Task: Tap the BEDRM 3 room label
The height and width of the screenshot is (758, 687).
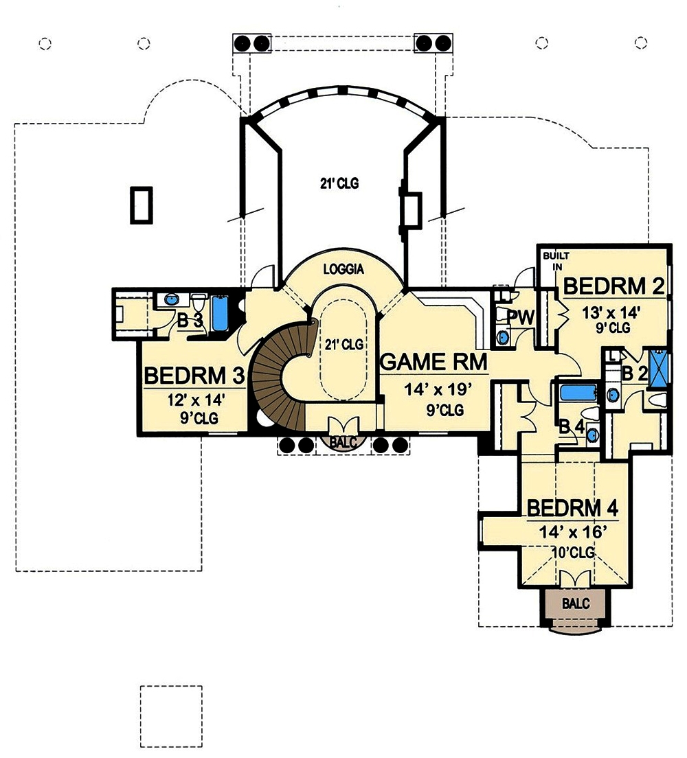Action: pyautogui.click(x=194, y=376)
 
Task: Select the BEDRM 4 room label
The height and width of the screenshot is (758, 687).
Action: pyautogui.click(x=572, y=508)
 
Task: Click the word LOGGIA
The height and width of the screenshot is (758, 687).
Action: pyautogui.click(x=343, y=271)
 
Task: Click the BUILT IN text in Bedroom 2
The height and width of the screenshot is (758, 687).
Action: pyautogui.click(x=552, y=261)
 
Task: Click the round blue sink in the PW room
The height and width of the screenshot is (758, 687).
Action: pyautogui.click(x=504, y=336)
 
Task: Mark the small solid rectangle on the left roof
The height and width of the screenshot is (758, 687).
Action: pyautogui.click(x=141, y=205)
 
